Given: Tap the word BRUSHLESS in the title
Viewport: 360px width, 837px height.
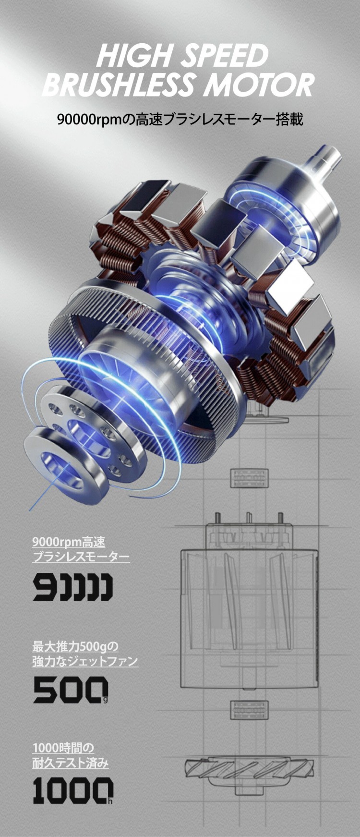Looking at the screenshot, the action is coord(118,85).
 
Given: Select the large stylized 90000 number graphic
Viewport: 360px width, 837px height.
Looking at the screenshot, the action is coord(73,587).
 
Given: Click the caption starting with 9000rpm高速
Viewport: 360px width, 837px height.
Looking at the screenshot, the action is coord(69,542).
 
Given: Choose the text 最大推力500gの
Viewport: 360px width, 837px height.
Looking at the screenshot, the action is coord(75,646).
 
